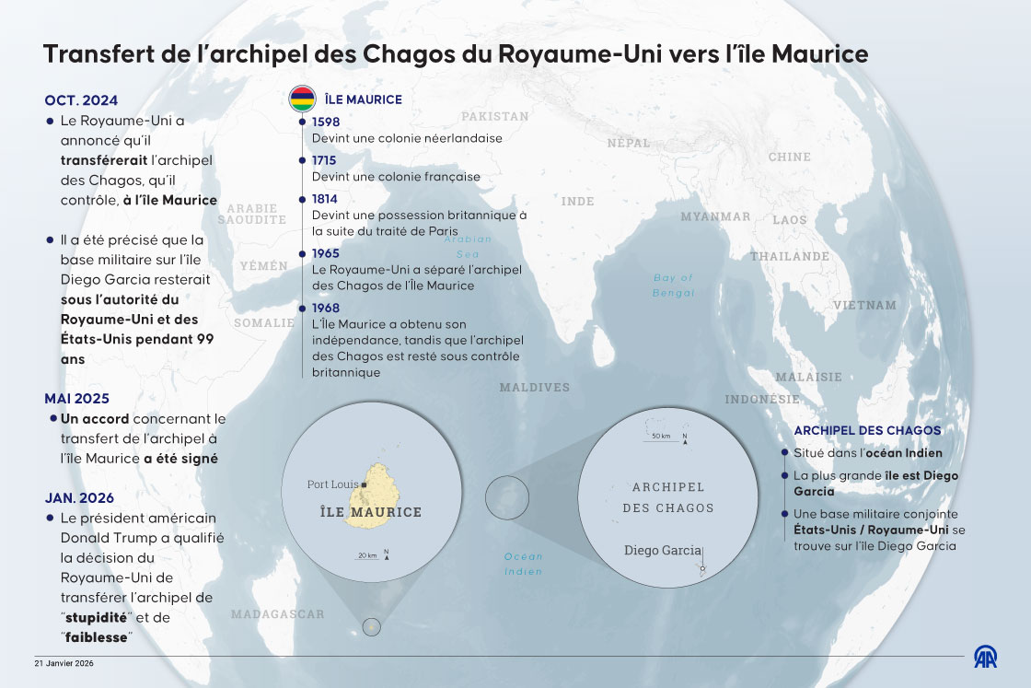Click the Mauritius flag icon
point(302,98)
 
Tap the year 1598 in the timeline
point(326,122)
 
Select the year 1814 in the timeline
point(325,199)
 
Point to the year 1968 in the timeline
point(326,308)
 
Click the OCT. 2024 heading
point(81,101)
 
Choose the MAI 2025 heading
point(76,399)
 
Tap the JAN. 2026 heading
point(79,497)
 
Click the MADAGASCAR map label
point(277,614)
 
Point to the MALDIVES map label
point(535,388)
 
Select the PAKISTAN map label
point(495,117)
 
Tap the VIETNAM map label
point(864,305)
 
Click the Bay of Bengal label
point(673,285)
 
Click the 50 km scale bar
point(661,437)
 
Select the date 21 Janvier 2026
point(64,663)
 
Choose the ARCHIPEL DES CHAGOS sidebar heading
point(867,430)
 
